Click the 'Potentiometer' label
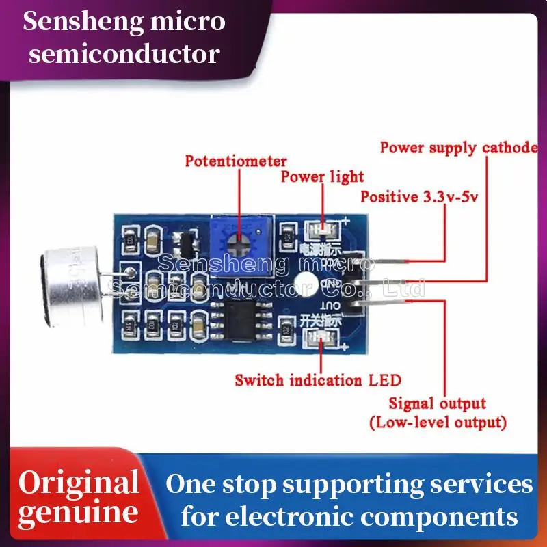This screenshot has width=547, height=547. [236, 161]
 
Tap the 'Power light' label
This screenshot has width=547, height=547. [323, 176]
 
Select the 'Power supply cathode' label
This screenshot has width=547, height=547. [458, 147]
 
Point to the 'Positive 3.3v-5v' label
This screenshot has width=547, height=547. [418, 198]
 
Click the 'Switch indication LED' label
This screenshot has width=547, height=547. [318, 379]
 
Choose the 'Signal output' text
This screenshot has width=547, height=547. [437, 403]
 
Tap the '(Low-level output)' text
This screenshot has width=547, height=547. [438, 422]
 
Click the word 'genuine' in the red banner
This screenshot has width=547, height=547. [78, 513]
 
